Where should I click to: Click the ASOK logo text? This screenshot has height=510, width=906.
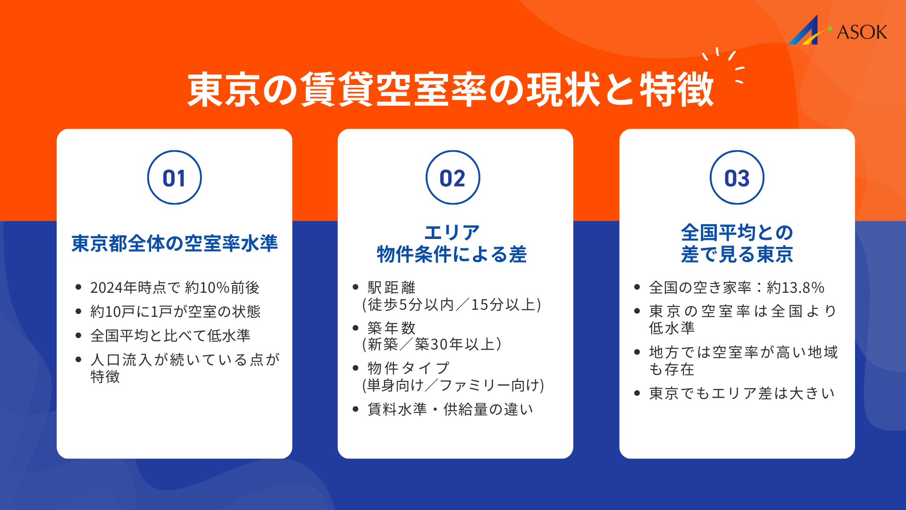click(862, 32)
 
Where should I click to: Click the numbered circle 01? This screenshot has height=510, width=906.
click(174, 178)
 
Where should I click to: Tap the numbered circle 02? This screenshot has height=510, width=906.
click(453, 178)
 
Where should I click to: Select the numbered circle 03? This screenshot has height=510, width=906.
click(737, 178)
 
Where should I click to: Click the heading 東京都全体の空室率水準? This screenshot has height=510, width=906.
click(175, 243)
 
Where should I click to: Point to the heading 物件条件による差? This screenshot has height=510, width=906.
click(452, 255)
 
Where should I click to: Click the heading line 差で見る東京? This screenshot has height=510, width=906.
click(737, 255)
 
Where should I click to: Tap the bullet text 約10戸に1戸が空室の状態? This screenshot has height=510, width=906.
click(175, 312)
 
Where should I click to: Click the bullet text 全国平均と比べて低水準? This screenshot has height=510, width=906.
click(170, 336)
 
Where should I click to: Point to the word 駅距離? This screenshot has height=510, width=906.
click(391, 288)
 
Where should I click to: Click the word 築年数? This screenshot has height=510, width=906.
click(391, 328)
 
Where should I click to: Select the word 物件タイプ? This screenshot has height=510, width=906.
click(408, 368)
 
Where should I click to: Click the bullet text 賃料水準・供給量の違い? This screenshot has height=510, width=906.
click(450, 409)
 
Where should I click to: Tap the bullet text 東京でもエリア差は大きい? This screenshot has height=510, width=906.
click(741, 393)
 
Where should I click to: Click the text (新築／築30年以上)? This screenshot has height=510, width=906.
click(432, 344)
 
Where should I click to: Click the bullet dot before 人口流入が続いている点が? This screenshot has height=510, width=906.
click(78, 360)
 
